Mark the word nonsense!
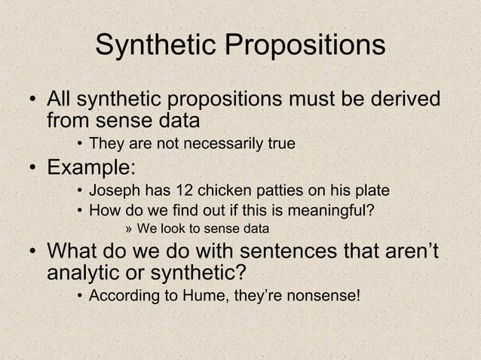pos(325,294)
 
